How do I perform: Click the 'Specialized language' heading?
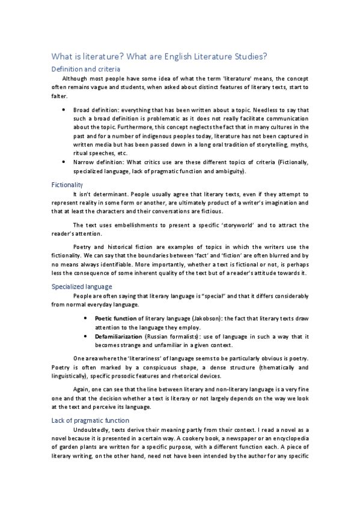point(82,286)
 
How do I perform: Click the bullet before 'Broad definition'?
point(63,111)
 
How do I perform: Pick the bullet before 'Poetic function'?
point(87,317)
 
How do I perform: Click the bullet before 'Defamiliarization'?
point(87,337)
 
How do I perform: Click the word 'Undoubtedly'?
point(91,430)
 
